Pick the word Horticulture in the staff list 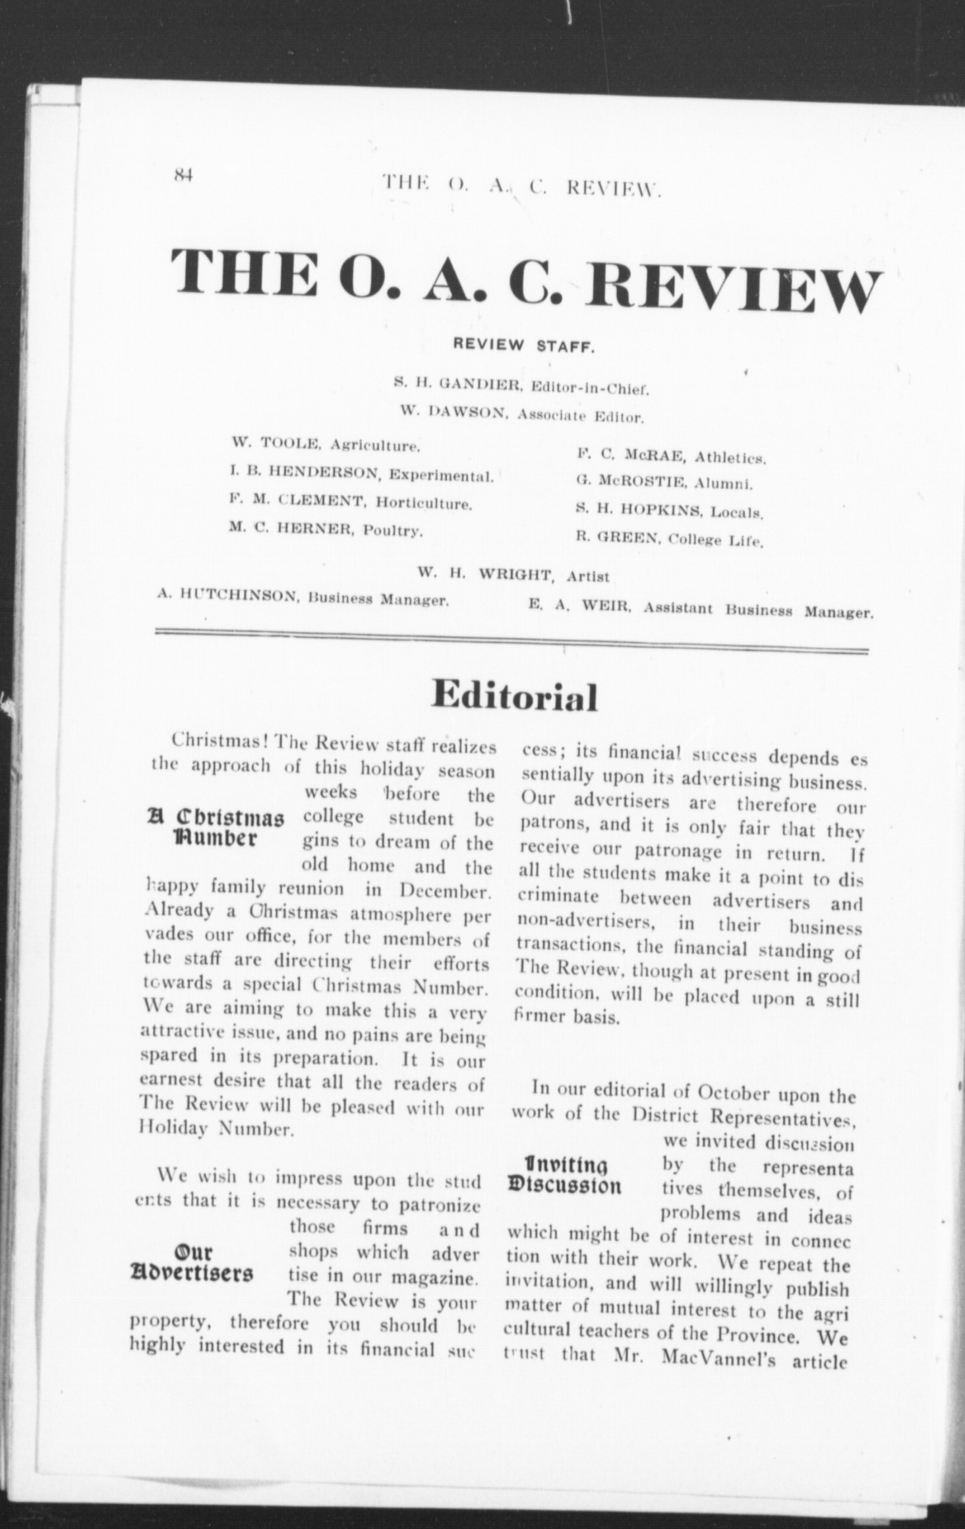point(424,504)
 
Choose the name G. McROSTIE point(631,483)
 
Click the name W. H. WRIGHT point(485,574)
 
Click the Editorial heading point(514,697)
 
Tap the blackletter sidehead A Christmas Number point(216,832)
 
